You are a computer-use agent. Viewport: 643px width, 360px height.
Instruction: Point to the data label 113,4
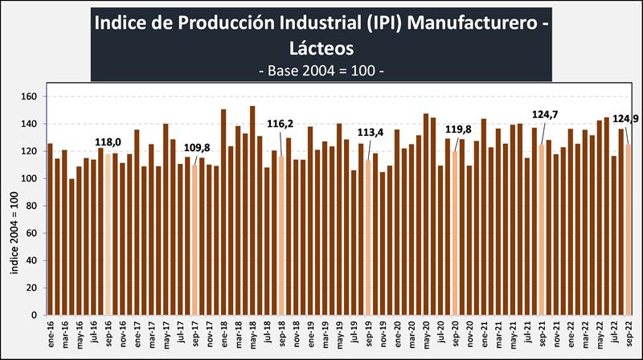click(x=371, y=133)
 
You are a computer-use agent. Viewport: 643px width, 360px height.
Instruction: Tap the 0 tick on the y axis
click(x=35, y=314)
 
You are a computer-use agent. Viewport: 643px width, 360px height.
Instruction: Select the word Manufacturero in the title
click(x=479, y=23)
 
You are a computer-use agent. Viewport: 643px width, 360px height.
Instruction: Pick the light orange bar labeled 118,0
click(x=108, y=233)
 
